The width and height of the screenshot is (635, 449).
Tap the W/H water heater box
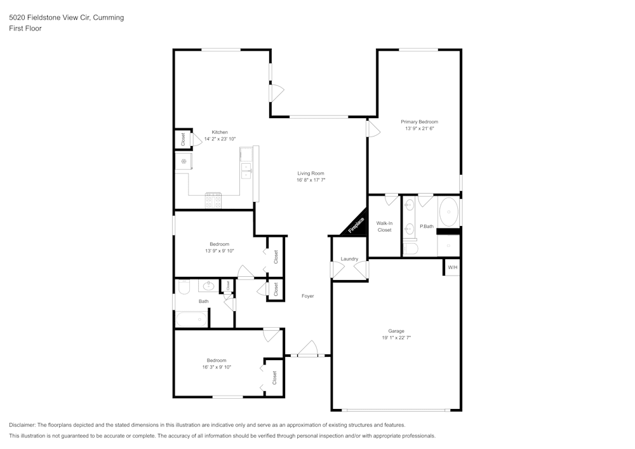[452, 267]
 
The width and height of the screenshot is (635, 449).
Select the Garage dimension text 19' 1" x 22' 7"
[396, 338]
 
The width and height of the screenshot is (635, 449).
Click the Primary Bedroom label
[419, 122]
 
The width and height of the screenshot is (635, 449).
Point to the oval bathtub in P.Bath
[449, 211]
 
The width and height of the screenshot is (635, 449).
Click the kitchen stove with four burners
[213, 201]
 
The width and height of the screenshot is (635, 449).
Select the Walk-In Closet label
[384, 227]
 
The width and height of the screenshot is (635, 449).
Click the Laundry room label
[349, 258]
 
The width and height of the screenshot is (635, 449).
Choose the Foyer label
[307, 296]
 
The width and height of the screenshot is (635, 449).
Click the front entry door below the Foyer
[307, 351]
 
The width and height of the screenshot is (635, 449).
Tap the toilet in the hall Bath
[184, 288]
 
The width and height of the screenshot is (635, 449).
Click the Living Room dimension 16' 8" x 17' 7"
[311, 180]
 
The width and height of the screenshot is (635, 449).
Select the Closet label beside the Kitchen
[183, 139]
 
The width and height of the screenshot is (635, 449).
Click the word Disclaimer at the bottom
[22, 425]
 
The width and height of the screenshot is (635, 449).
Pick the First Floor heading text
[25, 29]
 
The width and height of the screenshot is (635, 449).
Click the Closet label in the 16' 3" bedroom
[274, 378]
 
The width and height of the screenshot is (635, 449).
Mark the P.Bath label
[427, 227]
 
